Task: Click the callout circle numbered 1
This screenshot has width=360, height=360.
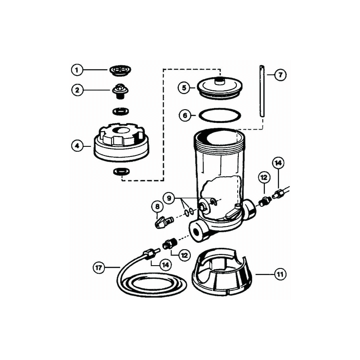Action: [x=77, y=70]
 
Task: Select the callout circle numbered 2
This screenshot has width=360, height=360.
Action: [x=77, y=90]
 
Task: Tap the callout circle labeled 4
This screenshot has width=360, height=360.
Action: [x=77, y=146]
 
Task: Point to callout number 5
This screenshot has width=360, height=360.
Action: [x=184, y=87]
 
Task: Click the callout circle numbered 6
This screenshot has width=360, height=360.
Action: [x=184, y=116]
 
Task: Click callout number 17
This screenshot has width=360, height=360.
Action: [x=100, y=267]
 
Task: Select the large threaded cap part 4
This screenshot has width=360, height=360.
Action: [x=120, y=144]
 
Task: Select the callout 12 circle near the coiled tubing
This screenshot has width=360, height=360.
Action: [x=184, y=254]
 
